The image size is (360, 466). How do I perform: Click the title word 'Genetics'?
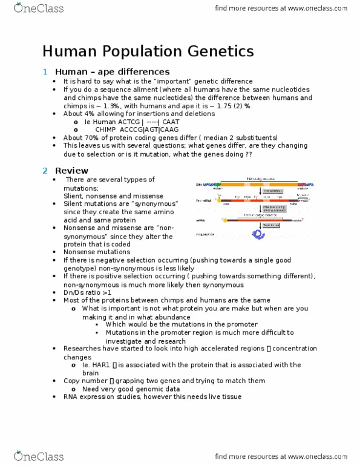pyautogui.click(x=214, y=51)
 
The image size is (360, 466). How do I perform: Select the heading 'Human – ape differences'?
pyautogui.click(x=112, y=71)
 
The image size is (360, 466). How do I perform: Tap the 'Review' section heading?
pyautogui.click(x=71, y=170)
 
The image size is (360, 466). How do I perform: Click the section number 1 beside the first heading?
pyautogui.click(x=45, y=71)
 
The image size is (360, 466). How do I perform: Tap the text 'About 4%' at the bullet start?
pyautogui.click(x=80, y=113)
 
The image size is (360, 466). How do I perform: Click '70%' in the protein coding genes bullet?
pyautogui.click(x=98, y=137)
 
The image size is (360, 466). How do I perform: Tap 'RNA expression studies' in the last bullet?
pyautogui.click(x=103, y=396)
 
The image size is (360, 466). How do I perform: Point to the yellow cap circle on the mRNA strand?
pyautogui.click(x=225, y=221)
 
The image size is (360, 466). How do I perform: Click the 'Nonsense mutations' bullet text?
pyautogui.click(x=97, y=252)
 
